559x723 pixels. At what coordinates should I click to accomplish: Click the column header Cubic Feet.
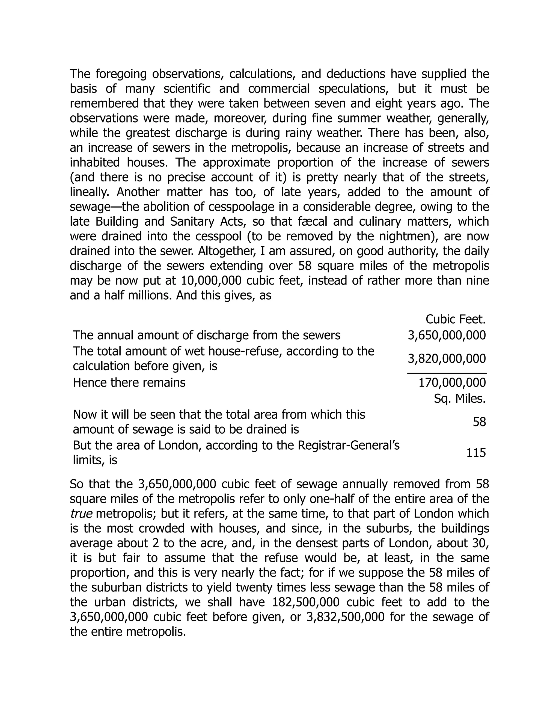(x=455, y=319)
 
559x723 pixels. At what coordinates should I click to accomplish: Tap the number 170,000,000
(x=452, y=383)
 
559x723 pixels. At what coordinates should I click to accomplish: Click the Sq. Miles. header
(x=460, y=399)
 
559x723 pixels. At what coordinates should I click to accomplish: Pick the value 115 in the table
(x=476, y=453)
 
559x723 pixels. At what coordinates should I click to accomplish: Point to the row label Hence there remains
(x=129, y=383)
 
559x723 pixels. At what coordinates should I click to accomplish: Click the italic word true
(x=81, y=514)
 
